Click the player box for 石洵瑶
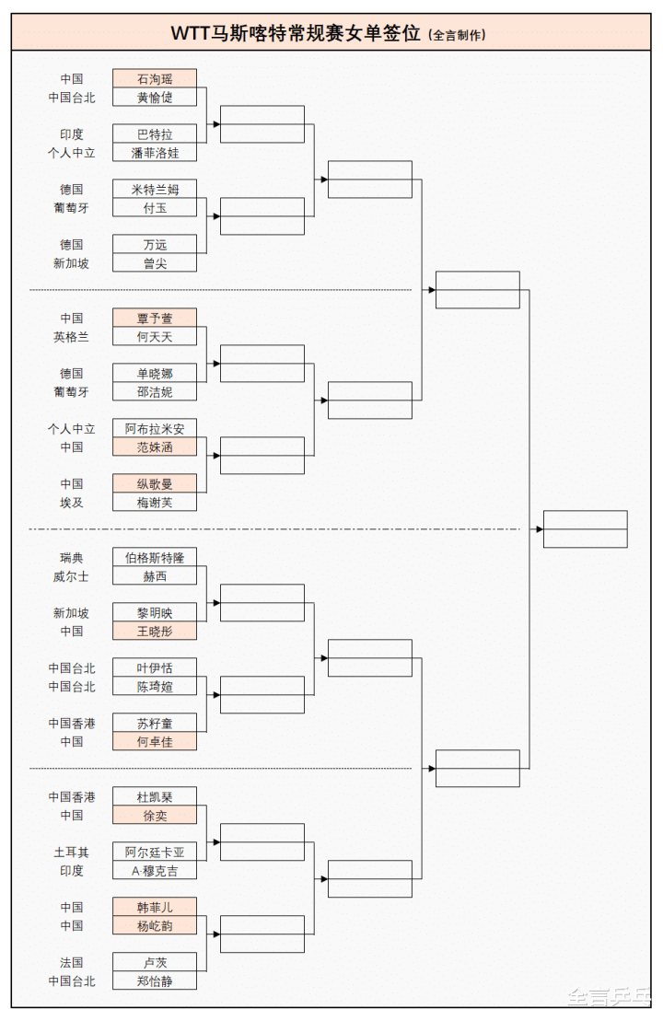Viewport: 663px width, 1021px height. (155, 79)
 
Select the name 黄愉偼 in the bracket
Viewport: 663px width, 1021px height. (155, 98)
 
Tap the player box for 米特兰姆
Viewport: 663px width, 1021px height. (155, 190)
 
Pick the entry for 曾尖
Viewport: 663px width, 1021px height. (155, 263)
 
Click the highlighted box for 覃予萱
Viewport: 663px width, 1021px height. (155, 319)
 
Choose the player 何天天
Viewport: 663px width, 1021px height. (155, 337)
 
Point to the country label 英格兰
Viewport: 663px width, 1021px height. (72, 337)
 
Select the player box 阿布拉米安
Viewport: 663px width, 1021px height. (155, 429)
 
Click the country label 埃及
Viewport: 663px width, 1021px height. (72, 503)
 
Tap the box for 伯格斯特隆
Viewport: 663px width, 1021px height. (155, 558)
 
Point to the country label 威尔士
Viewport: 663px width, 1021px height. (72, 576)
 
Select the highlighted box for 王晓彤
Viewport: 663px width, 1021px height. (155, 632)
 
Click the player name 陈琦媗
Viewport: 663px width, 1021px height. (155, 687)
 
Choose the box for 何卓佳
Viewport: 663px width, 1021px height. (155, 742)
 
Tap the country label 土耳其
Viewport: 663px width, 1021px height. (72, 853)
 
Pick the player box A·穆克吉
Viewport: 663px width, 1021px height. (155, 871)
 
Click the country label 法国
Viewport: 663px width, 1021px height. (72, 963)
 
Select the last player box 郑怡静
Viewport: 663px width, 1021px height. (155, 981)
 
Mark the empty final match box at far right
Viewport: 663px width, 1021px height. (585, 529)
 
